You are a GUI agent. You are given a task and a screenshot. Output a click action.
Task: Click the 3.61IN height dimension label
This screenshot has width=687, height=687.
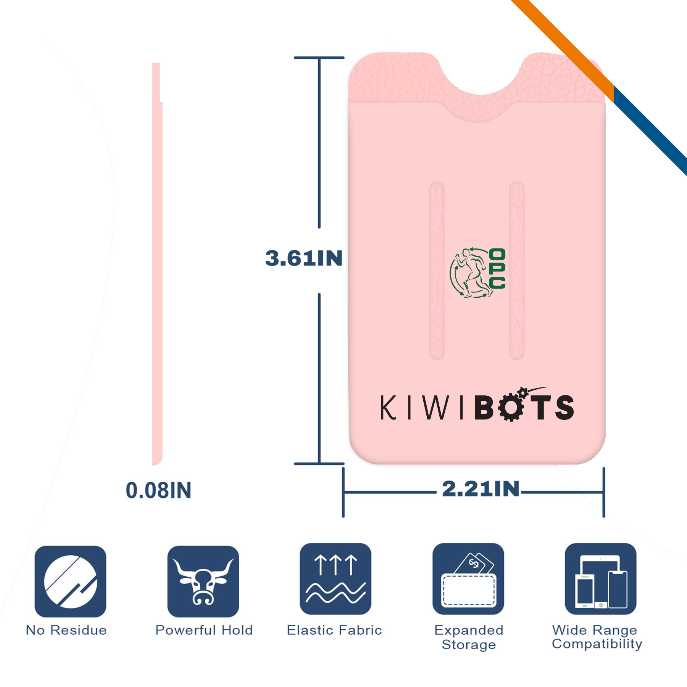(x=304, y=258)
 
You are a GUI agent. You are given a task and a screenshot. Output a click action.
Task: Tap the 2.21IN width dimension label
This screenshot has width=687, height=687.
(x=481, y=489)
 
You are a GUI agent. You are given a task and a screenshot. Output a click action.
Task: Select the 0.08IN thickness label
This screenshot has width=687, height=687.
(x=158, y=490)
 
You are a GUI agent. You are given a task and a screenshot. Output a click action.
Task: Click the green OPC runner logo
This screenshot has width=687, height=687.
(x=477, y=273)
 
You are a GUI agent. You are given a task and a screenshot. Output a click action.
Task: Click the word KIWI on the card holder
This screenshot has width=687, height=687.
(x=422, y=408)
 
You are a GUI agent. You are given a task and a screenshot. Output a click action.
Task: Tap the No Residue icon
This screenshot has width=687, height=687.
(x=71, y=581)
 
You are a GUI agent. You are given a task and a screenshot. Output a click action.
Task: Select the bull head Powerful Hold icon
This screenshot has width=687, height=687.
(x=203, y=581)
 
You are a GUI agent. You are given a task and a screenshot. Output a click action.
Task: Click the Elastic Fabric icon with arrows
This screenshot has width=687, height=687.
(x=335, y=579)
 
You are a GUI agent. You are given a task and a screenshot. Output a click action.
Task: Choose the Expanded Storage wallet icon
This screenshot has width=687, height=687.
(x=468, y=579)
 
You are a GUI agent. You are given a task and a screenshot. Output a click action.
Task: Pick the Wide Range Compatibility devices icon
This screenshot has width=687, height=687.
(x=601, y=579)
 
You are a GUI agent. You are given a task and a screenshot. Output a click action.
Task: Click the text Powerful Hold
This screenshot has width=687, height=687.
(x=204, y=630)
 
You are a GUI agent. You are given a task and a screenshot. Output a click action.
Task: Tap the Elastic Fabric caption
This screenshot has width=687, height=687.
(x=334, y=630)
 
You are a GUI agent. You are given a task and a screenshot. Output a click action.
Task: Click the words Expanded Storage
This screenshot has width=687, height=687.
(x=469, y=637)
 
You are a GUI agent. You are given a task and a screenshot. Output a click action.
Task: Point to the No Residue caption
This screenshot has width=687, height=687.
(x=66, y=630)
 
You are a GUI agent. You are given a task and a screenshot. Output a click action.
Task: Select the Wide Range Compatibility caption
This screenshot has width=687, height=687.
(x=597, y=637)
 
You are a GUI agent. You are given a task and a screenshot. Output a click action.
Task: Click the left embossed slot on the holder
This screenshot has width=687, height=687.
(x=437, y=271)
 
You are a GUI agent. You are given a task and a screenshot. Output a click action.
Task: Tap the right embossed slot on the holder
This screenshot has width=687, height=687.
(x=517, y=271)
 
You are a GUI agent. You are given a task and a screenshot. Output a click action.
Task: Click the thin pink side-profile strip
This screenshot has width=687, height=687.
(x=157, y=264)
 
